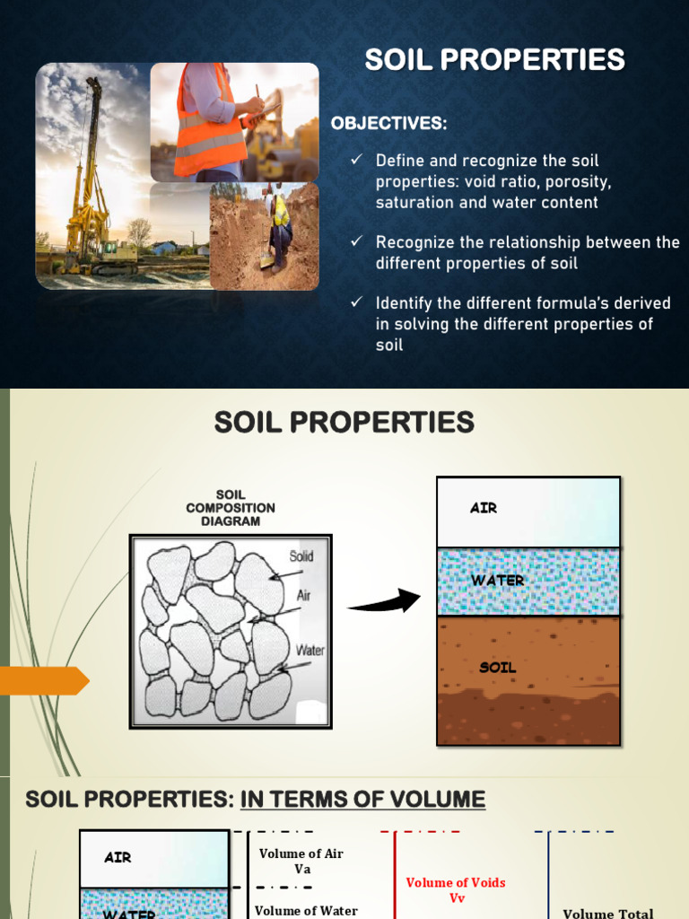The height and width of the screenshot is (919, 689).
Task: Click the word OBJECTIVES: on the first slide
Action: pyautogui.click(x=388, y=124)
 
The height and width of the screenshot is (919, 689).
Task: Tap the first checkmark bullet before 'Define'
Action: pyautogui.click(x=356, y=160)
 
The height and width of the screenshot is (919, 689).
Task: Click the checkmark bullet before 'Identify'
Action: pyautogui.click(x=356, y=303)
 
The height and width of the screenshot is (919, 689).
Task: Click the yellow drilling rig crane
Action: pyautogui.click(x=91, y=179)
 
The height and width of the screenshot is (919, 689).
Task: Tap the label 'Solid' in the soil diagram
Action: pyautogui.click(x=301, y=556)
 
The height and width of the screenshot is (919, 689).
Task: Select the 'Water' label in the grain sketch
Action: pyautogui.click(x=310, y=650)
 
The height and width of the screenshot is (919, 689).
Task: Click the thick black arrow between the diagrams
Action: pyautogui.click(x=385, y=602)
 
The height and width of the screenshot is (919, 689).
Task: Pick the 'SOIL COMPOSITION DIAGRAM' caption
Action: pyautogui.click(x=231, y=507)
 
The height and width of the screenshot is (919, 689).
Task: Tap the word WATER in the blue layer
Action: pyautogui.click(x=498, y=581)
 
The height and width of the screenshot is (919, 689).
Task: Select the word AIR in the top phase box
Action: pyautogui.click(x=484, y=508)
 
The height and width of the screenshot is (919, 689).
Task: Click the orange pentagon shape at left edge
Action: pyautogui.click(x=44, y=681)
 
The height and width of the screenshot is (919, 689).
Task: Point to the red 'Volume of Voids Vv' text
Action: pyautogui.click(x=456, y=889)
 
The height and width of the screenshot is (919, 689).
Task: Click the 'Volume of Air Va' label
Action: pyautogui.click(x=301, y=861)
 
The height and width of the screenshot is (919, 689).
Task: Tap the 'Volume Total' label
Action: pyautogui.click(x=607, y=914)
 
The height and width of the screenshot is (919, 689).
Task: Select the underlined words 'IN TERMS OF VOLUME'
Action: pyautogui.click(x=362, y=800)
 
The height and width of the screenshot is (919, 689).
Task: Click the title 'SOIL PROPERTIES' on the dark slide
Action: pyautogui.click(x=494, y=60)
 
